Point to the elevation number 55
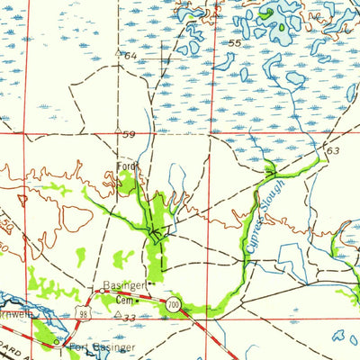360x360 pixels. click(235, 43)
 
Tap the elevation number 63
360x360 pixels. click(334, 150)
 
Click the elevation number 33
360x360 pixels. click(130, 317)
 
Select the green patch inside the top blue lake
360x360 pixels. click(267, 13)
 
